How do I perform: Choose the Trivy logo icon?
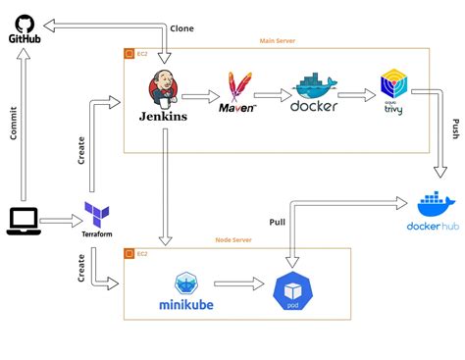click(392, 82)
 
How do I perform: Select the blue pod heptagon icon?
click(291, 290)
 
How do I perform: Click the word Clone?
click(181, 28)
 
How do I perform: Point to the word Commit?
click(14, 123)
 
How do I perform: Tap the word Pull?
click(279, 223)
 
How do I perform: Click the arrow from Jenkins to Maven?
click(199, 96)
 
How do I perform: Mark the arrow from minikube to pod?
click(242, 285)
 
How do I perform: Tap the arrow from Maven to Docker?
click(275, 96)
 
